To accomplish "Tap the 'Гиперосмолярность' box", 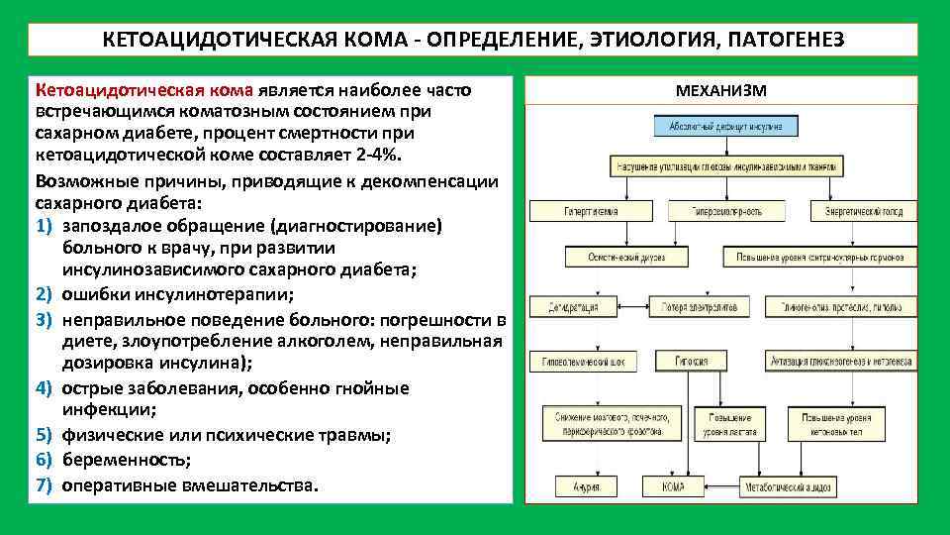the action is point(719,211).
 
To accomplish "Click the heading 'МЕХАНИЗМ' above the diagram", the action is point(720,91).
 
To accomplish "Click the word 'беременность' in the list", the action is point(113,461).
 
